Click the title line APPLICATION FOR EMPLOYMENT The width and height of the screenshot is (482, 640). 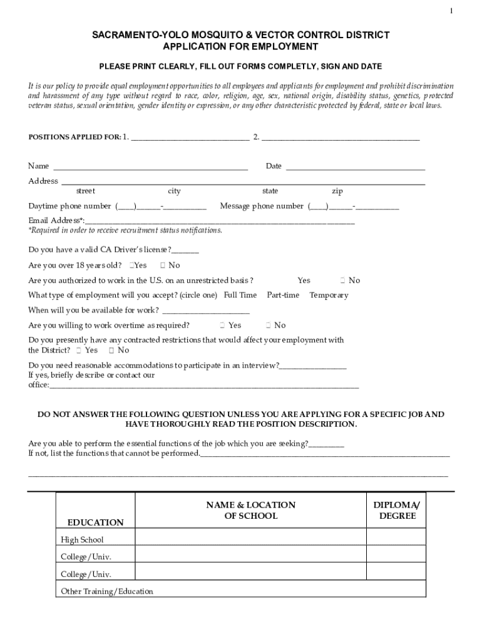tap(240, 47)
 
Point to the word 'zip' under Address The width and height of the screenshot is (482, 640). tap(337, 191)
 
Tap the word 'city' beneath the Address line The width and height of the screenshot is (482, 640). tap(174, 191)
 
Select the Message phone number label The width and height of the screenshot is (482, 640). tap(262, 206)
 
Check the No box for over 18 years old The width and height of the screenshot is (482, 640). tap(163, 266)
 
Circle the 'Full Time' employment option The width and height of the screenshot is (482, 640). tap(240, 295)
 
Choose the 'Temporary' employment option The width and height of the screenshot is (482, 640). tap(329, 295)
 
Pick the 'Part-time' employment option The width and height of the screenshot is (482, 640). tap(283, 295)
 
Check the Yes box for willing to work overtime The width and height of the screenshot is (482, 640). tap(222, 325)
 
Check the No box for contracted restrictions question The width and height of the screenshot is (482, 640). tap(111, 350)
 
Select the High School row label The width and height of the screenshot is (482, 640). tap(82, 539)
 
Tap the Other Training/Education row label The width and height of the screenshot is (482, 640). tap(106, 591)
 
